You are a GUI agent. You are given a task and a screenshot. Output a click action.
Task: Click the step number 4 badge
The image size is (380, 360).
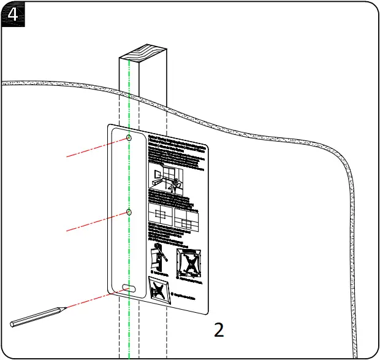click(12, 13)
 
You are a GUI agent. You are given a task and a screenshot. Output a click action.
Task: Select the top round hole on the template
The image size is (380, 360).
click(129, 138)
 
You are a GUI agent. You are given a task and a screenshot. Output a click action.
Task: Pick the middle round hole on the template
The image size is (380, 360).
click(129, 212)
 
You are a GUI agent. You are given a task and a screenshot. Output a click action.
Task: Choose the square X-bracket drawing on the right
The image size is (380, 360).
click(189, 261)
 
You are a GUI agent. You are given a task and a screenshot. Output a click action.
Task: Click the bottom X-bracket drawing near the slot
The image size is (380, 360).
click(160, 289)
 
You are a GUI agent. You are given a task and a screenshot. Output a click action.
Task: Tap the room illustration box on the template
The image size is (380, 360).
click(174, 177)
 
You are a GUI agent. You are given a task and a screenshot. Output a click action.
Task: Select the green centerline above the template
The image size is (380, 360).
click(129, 92)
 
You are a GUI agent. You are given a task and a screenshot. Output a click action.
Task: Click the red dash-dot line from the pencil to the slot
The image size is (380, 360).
click(92, 299)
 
